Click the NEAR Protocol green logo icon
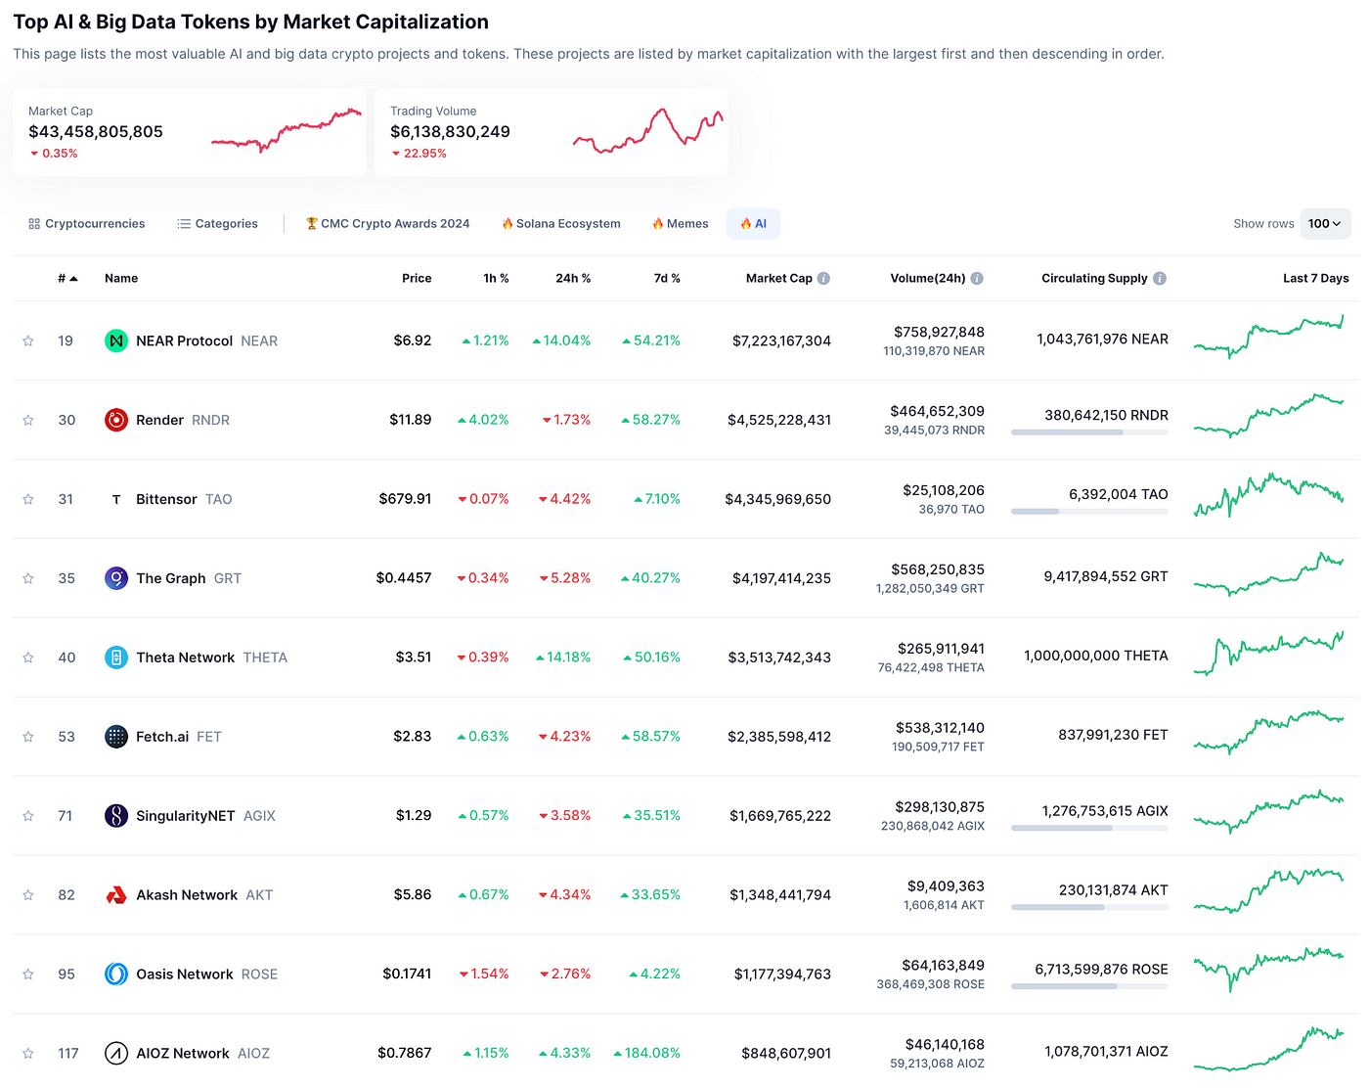click(115, 340)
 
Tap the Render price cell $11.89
click(410, 420)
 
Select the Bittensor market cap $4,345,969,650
click(776, 499)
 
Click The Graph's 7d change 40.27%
click(650, 578)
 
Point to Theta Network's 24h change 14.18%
click(562, 657)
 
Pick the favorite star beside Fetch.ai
click(28, 737)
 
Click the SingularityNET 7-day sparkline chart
click(1268, 811)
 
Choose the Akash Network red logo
click(115, 895)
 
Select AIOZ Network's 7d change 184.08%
click(646, 1053)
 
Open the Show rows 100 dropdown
click(1324, 223)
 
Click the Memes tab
click(680, 223)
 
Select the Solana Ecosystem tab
click(560, 223)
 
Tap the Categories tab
click(217, 223)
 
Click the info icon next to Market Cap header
click(822, 278)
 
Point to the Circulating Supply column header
click(1093, 278)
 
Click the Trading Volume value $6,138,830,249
click(450, 132)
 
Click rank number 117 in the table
click(67, 1053)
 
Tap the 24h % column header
click(573, 278)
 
